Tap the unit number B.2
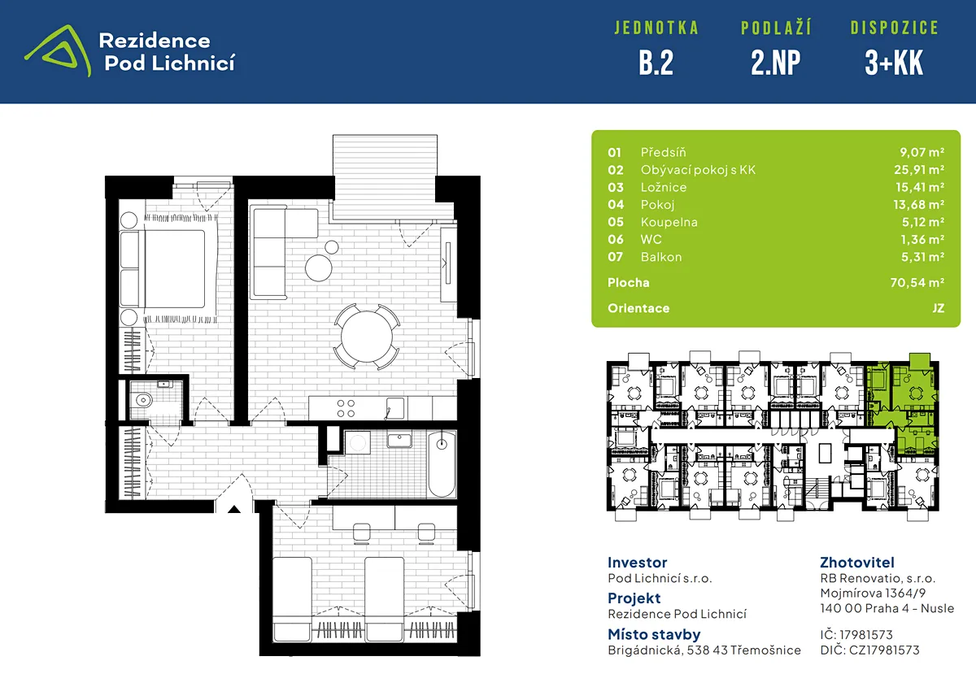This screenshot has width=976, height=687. tap(656, 63)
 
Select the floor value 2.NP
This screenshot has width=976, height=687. tap(776, 63)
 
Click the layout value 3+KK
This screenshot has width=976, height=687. tap(894, 63)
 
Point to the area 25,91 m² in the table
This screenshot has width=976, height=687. tap(919, 169)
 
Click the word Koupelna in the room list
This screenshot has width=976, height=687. tap(669, 222)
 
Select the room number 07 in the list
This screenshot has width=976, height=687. tap(615, 257)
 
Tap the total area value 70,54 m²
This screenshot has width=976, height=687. tap(917, 283)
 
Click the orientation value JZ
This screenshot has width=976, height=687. tap(938, 308)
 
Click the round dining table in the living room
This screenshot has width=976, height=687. tap(367, 337)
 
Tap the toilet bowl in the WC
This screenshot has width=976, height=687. tap(143, 399)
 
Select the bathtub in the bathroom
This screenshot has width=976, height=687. tap(442, 464)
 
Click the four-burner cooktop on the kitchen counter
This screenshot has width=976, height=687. tap(346, 408)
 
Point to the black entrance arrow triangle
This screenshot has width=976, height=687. tap(234, 509)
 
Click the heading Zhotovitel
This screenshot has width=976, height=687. tap(857, 563)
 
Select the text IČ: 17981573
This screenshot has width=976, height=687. tap(856, 635)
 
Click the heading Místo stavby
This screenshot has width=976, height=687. tap(654, 634)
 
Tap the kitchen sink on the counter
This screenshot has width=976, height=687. tap(395, 409)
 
